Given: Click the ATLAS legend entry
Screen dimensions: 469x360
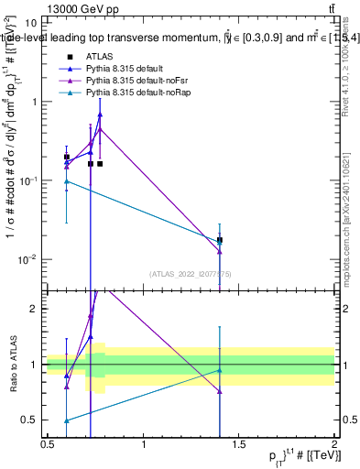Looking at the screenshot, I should (98, 56).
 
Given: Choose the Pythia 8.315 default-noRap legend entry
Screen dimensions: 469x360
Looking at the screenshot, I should (134, 93).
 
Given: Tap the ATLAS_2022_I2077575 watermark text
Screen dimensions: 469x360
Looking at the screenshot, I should (191, 273).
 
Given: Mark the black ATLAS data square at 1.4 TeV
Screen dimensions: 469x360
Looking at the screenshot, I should (220, 240).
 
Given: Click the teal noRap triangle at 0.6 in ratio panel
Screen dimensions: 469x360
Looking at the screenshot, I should (66, 420).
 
